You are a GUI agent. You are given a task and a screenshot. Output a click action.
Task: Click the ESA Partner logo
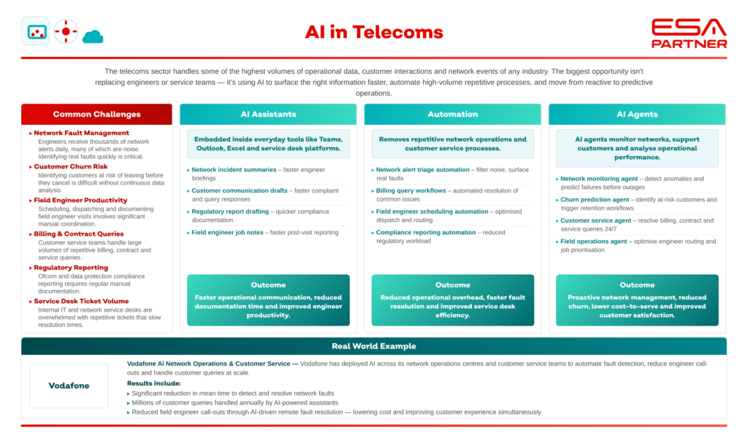(x=690, y=34)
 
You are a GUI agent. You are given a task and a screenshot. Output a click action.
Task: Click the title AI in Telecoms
(x=374, y=32)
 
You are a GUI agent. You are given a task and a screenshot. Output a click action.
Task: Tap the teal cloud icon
(x=93, y=37)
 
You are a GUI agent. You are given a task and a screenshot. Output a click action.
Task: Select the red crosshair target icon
(x=66, y=31)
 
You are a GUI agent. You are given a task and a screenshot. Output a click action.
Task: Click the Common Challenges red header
(x=97, y=115)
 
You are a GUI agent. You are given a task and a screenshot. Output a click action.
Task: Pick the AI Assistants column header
(x=268, y=115)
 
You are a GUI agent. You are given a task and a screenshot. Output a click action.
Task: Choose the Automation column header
(x=453, y=115)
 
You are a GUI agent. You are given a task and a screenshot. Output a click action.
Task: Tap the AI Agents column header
(x=637, y=115)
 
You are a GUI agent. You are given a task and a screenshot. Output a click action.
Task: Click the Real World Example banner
(x=374, y=346)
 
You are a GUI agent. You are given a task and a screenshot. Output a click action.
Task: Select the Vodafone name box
(x=69, y=386)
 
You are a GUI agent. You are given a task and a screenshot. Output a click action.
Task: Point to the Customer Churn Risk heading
(x=71, y=166)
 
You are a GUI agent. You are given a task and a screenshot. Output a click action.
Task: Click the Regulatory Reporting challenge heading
(x=71, y=267)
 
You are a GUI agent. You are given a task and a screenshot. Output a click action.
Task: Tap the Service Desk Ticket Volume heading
(x=81, y=302)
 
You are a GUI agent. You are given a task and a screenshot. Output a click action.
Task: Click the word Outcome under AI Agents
(x=637, y=285)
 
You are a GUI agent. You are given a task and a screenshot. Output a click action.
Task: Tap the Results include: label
(x=154, y=383)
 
